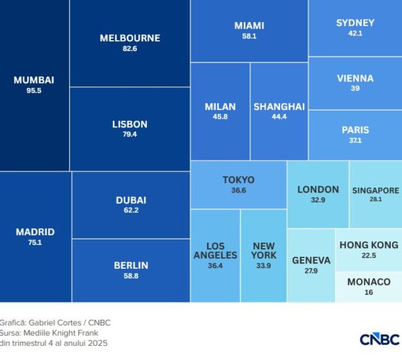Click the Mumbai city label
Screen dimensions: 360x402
pyautogui.click(x=33, y=80)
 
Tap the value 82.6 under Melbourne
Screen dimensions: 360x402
pyautogui.click(x=130, y=49)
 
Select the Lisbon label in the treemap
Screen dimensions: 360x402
pyautogui.click(x=130, y=124)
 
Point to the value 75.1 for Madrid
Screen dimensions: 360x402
pyautogui.click(x=35, y=243)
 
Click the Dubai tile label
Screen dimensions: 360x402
pyautogui.click(x=131, y=200)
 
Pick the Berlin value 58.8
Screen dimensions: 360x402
pyautogui.click(x=131, y=276)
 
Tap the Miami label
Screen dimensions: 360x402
pyautogui.click(x=249, y=25)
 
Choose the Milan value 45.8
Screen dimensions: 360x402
pyautogui.click(x=220, y=117)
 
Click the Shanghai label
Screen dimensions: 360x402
pyautogui.click(x=279, y=107)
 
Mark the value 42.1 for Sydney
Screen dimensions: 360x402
pyautogui.click(x=355, y=34)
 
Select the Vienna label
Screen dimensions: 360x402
pyautogui.click(x=355, y=78)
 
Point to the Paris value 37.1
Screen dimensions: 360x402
pyautogui.click(x=355, y=141)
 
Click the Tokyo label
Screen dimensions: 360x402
pyautogui.click(x=239, y=180)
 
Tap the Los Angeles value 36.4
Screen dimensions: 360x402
pyautogui.click(x=215, y=266)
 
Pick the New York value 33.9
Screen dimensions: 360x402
pyautogui.click(x=263, y=266)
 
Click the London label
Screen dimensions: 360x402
pyautogui.click(x=318, y=189)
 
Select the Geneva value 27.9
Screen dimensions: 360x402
pyautogui.click(x=311, y=271)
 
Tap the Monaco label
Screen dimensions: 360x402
pyautogui.click(x=368, y=282)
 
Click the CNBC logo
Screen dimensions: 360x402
pyautogui.click(x=379, y=339)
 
